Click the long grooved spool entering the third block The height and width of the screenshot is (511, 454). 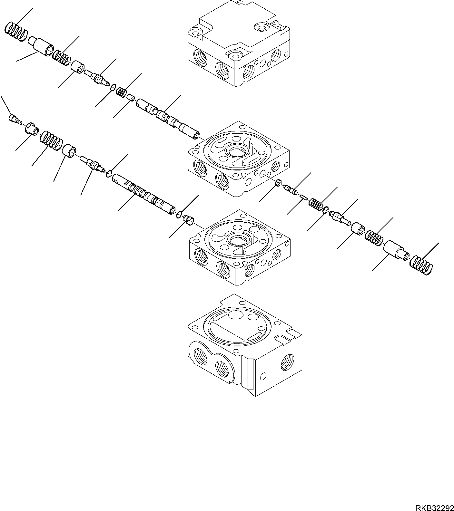[x=143, y=194]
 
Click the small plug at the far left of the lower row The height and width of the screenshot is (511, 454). [x=14, y=120]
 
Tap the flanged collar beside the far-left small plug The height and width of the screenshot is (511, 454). [x=31, y=128]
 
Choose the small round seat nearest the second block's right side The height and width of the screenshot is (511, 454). [x=277, y=184]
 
